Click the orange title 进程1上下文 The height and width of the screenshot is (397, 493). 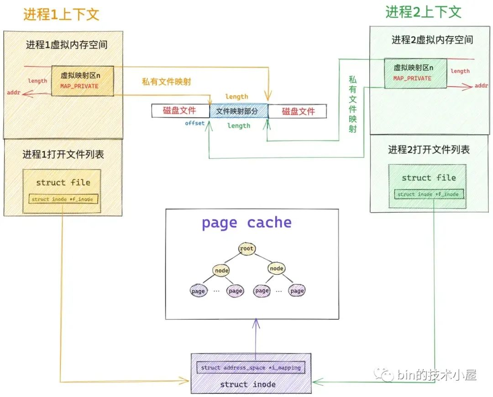61,15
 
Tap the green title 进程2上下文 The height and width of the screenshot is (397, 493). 423,12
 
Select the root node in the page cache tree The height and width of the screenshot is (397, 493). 246,249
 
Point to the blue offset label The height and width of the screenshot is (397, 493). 195,123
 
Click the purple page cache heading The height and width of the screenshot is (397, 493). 246,223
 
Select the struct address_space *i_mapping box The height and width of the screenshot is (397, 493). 251,367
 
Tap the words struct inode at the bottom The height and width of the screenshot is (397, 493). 248,384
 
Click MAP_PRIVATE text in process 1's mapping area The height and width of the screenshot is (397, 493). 79,86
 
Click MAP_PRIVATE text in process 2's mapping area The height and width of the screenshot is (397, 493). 412,78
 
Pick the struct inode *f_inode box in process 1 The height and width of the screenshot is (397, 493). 64,199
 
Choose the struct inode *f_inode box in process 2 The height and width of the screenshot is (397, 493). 429,194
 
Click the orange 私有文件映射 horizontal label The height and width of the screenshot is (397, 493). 166,82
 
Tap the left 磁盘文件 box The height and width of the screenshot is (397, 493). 179,110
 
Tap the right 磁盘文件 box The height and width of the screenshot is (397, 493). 298,111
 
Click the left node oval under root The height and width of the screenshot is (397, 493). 221,271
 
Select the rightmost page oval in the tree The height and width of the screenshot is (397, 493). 297,291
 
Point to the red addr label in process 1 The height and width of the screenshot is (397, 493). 13,93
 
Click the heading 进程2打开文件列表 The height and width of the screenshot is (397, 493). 429,150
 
